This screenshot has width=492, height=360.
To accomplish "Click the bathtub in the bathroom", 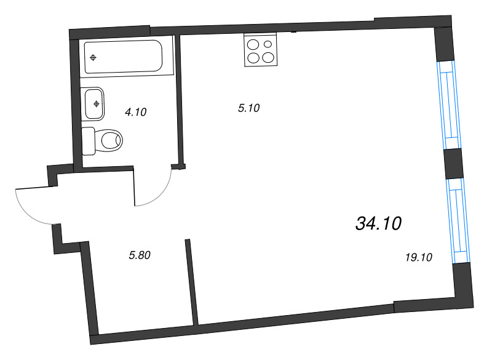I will pos(123,57).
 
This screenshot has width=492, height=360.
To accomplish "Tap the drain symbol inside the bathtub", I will pos(93,58).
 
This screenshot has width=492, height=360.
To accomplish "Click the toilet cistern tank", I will pos(88,141).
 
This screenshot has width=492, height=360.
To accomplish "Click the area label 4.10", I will pos(135,112).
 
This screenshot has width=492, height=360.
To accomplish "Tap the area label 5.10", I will pos(249,108).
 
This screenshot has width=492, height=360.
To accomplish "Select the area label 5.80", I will pos(140,255).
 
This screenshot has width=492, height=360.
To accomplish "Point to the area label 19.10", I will pos(419,258).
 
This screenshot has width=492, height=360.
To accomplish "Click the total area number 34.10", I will pos(378,224).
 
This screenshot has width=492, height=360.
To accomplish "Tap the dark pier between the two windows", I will pos(453,164).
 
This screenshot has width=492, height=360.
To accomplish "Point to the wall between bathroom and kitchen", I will pos(179,98).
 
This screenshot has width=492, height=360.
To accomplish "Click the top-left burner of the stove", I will pos(252,44).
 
